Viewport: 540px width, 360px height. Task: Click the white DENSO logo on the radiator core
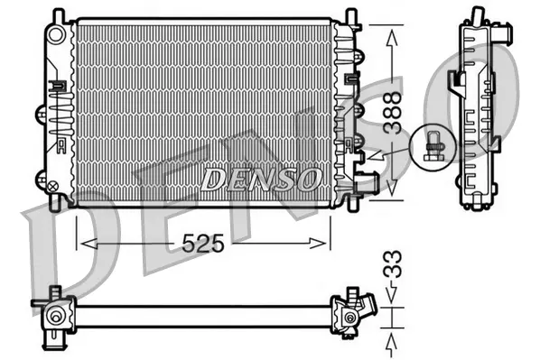260,178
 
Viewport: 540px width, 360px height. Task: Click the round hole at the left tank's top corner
59,35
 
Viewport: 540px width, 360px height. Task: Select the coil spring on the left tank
60,116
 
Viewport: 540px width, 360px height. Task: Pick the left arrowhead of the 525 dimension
85,243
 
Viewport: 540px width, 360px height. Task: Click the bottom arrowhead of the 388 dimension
390,190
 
